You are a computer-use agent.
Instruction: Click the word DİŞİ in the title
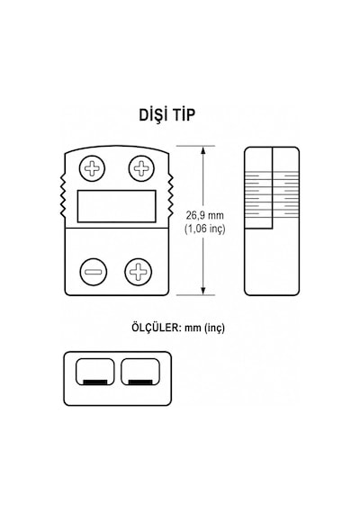tap(153, 114)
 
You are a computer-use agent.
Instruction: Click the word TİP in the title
tap(184, 114)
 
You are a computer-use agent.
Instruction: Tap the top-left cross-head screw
tap(93, 168)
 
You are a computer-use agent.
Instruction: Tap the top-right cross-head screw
tap(141, 168)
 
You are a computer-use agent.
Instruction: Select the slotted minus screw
tap(94, 272)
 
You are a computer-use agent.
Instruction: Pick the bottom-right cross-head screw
tap(138, 272)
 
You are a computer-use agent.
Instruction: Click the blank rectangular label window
tap(116, 206)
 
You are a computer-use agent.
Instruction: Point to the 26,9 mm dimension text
tap(205, 215)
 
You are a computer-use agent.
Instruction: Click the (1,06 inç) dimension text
tap(205, 229)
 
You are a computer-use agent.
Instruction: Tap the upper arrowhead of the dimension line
tap(203, 150)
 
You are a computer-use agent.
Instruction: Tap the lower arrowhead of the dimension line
tap(203, 291)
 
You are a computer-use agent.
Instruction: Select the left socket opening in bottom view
tap(94, 372)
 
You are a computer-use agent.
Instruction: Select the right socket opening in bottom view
tap(140, 372)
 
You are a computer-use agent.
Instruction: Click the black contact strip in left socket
tap(94, 382)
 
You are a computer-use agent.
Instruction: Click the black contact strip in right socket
tap(140, 382)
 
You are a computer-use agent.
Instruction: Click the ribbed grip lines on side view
tap(272, 195)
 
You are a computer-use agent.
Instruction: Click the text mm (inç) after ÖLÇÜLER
tap(205, 328)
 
